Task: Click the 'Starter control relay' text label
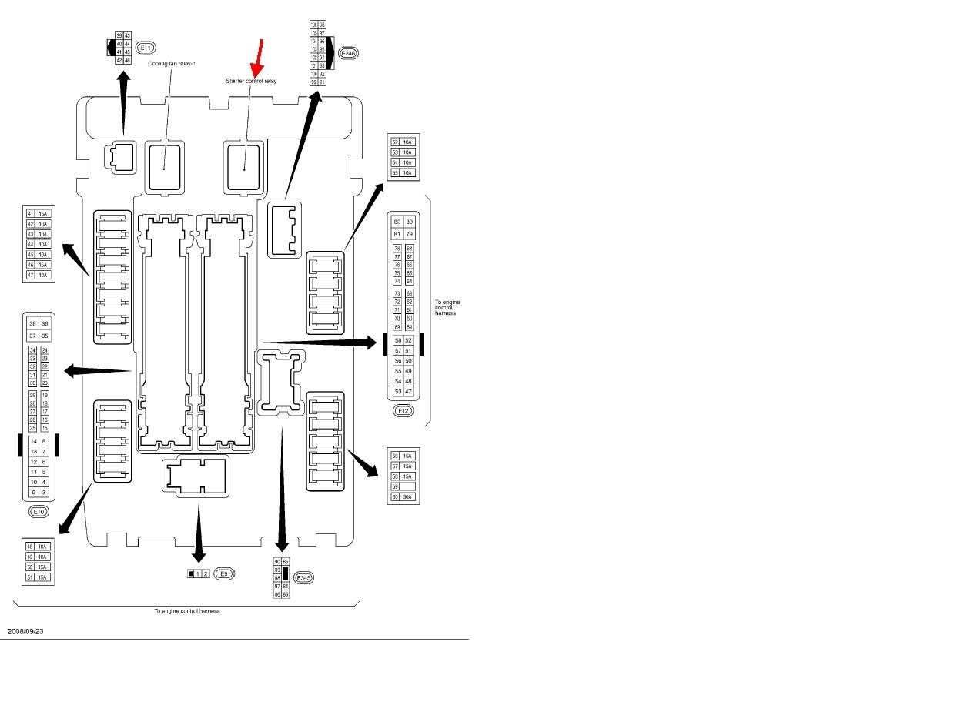(251, 80)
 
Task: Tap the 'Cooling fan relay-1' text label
(172, 64)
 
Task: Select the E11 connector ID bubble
(146, 48)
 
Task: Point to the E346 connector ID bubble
(348, 53)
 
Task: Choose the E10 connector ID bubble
(39, 511)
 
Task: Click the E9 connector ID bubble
(224, 573)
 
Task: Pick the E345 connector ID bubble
(304, 577)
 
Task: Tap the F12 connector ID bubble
(403, 411)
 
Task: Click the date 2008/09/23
(26, 631)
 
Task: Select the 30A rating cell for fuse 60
(407, 497)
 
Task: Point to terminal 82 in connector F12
(397, 222)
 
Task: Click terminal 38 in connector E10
(33, 324)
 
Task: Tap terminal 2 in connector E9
(206, 574)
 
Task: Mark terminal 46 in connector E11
(127, 59)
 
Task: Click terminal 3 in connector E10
(45, 492)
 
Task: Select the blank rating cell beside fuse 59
(407, 486)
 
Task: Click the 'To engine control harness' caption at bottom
(186, 611)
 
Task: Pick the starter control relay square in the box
(243, 165)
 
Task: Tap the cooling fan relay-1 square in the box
(165, 165)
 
